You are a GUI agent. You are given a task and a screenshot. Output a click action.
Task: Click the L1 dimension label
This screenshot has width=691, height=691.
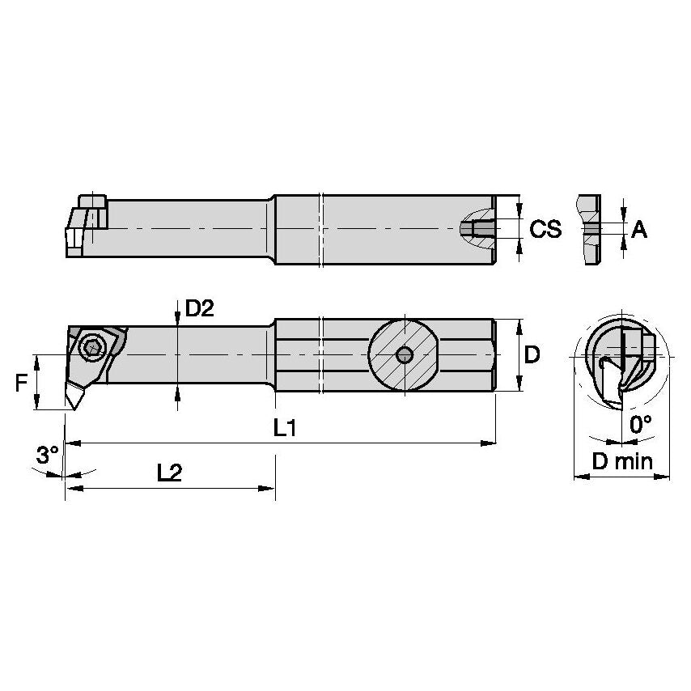click(282, 429)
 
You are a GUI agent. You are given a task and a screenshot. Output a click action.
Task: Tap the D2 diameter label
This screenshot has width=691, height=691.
click(200, 308)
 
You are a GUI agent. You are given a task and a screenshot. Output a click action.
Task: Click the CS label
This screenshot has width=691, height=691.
click(545, 230)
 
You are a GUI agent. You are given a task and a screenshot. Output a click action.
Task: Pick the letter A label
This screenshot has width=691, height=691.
click(639, 231)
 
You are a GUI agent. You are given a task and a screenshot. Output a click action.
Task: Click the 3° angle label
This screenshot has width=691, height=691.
click(46, 456)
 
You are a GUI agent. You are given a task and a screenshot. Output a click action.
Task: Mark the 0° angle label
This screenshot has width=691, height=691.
click(641, 424)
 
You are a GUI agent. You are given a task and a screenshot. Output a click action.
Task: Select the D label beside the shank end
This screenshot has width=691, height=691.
click(532, 354)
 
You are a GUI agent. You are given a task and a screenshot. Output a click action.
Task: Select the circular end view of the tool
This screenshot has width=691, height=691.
click(621, 361)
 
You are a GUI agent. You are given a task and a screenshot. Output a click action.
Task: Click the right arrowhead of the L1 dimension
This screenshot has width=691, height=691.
click(489, 443)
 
